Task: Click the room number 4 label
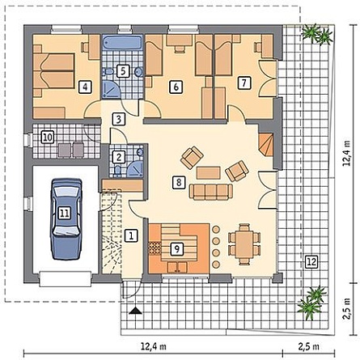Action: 85,87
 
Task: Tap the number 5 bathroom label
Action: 123,71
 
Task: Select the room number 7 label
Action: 244,83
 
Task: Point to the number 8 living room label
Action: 179,183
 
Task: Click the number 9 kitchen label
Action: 177,249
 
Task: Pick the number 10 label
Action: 48,138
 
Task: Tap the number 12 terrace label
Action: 311,261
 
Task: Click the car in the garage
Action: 66,219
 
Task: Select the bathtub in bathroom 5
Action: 123,44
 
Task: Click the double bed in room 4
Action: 54,71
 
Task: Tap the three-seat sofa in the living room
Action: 211,192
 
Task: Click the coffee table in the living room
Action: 209,172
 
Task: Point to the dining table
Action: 244,244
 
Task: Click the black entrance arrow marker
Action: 135,311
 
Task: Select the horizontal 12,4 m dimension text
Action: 154,346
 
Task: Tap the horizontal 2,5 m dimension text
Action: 309,346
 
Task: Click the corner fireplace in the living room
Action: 266,145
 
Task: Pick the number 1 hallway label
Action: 132,235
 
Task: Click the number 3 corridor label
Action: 119,119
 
